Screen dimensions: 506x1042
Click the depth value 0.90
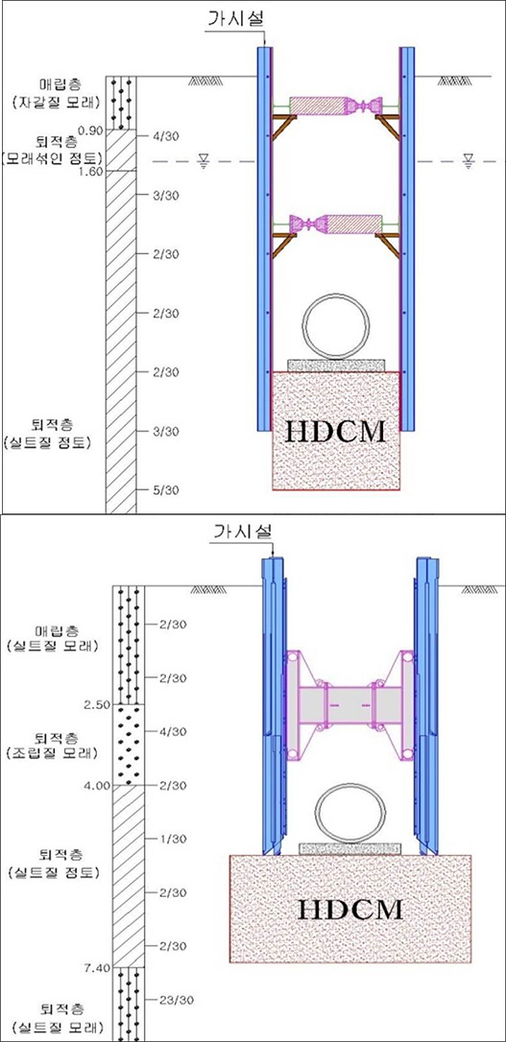pyautogui.click(x=91, y=130)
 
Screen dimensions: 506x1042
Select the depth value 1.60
pyautogui.click(x=91, y=171)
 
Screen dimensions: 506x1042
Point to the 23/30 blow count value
pyautogui.click(x=177, y=1000)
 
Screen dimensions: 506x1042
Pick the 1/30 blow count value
pyautogui.click(x=173, y=839)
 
